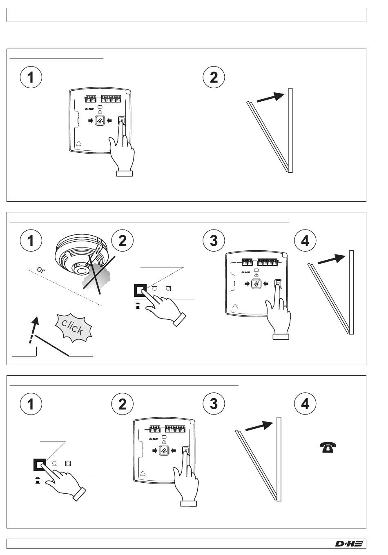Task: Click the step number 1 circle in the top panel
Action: pos(31,77)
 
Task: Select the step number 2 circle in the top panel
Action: pos(213,77)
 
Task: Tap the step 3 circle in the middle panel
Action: pos(213,241)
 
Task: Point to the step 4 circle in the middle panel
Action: pos(305,241)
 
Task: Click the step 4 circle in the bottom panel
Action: pos(305,404)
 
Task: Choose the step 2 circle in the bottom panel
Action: pos(122,404)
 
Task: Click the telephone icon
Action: pos(328,447)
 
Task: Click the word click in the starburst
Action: pos(73,328)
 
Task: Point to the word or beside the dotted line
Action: pos(41,270)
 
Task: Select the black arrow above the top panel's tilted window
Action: pos(270,98)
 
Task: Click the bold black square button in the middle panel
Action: pos(140,290)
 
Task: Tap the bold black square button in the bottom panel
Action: pos(40,465)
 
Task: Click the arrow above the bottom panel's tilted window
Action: pos(259,426)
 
